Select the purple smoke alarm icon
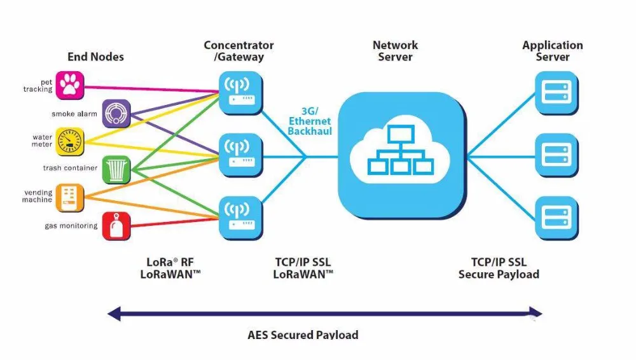tap(116, 113)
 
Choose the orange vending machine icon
tap(70, 197)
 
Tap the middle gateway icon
tap(240, 153)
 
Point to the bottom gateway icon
tap(240, 215)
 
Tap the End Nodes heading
tap(95, 57)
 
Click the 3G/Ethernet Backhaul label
tap(310, 121)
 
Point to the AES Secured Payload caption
tap(303, 335)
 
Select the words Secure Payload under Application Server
tap(499, 275)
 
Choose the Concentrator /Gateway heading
tap(238, 51)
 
